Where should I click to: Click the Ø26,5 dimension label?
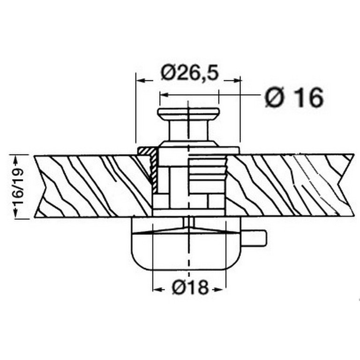189,73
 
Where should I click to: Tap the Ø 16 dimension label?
294,97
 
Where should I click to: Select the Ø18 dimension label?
190,287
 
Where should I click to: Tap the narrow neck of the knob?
189,130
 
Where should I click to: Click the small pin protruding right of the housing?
253,238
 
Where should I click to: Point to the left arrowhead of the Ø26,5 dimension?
140,80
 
